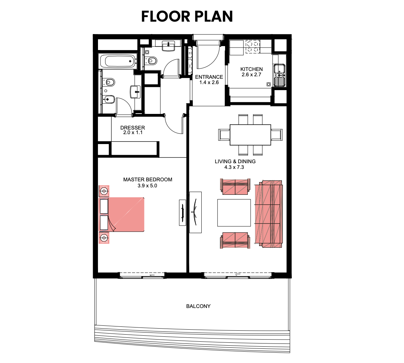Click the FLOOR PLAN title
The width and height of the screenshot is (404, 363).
tap(187, 16)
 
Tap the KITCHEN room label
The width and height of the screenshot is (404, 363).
tap(251, 69)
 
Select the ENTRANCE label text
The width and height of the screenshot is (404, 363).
tap(209, 77)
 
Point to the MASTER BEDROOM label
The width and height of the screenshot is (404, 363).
tap(148, 180)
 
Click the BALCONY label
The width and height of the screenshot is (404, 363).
tap(198, 306)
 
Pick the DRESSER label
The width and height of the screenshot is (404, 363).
tap(133, 127)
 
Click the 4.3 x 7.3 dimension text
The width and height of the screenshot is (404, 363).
tap(234, 167)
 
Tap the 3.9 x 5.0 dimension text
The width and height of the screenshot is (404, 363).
tap(147, 186)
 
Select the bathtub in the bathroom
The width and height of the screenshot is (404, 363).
tap(118, 61)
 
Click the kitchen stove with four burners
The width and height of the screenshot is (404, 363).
tap(252, 46)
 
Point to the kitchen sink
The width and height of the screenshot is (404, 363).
tap(279, 75)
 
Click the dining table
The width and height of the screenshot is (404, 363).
tap(250, 135)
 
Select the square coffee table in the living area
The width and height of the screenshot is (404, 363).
tap(234, 213)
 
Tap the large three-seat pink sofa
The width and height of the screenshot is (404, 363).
tap(268, 214)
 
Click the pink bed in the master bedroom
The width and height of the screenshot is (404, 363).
tap(122, 214)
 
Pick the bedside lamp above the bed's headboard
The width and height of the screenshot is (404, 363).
tap(104, 191)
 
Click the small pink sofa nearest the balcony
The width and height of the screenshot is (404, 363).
tap(235, 241)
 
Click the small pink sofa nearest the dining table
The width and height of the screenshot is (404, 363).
tap(235, 186)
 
